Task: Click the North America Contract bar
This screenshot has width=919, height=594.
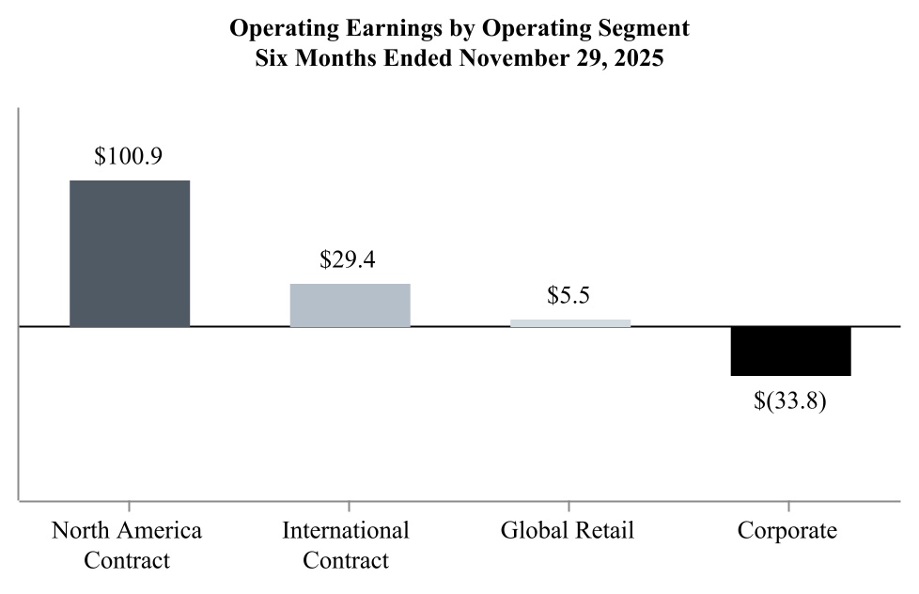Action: [x=130, y=253]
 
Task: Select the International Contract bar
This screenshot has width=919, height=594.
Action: [x=350, y=305]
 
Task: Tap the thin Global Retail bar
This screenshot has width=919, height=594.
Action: [x=569, y=322]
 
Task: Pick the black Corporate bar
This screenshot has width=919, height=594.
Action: [x=790, y=351]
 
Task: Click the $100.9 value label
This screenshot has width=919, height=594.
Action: [x=129, y=156]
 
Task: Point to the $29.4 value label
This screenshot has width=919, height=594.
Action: [x=348, y=259]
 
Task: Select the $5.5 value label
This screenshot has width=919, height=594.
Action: [x=569, y=295]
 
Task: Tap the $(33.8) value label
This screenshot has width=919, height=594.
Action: [x=790, y=402]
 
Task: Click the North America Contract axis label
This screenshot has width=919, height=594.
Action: [x=127, y=545]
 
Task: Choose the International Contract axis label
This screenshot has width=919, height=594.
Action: [x=347, y=545]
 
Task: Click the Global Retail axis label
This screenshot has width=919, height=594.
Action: [x=568, y=530]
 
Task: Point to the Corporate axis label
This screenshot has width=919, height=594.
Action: [x=787, y=530]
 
